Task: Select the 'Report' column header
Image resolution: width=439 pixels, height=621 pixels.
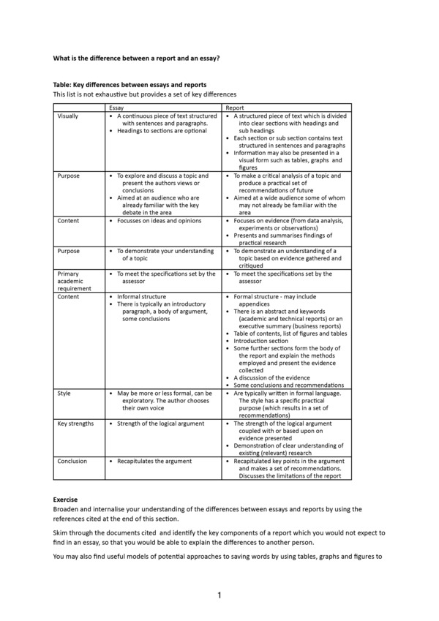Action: click(x=235, y=108)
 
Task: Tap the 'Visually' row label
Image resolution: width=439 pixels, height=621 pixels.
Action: click(x=67, y=116)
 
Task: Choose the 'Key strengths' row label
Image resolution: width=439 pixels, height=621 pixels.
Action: click(x=75, y=424)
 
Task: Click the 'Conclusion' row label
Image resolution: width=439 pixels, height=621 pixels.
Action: click(x=72, y=462)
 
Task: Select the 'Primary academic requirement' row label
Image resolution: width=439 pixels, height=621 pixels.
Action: click(x=73, y=281)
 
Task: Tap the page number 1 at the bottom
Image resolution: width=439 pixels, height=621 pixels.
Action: click(x=219, y=595)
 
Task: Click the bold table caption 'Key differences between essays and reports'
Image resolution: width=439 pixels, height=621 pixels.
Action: click(x=130, y=85)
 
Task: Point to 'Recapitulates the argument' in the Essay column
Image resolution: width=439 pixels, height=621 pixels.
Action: click(x=154, y=462)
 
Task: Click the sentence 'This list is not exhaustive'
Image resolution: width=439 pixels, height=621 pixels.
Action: click(x=145, y=94)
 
